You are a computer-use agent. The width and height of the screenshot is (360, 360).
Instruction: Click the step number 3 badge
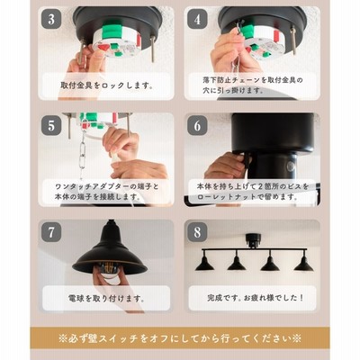pos(51,19)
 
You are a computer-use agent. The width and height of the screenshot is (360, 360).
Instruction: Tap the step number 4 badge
pos(197,19)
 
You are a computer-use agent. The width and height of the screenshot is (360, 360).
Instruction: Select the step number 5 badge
pos(51,125)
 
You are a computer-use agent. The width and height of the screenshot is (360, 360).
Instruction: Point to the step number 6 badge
pos(197,125)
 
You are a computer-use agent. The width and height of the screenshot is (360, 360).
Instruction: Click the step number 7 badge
pos(51,231)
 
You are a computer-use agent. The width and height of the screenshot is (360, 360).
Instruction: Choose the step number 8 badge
pos(197,231)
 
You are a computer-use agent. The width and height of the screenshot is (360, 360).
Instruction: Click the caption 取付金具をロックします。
pos(107,85)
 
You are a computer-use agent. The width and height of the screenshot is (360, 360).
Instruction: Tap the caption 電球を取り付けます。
pos(106,299)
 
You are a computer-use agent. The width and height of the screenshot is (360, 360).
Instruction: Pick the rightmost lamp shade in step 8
pos(303,263)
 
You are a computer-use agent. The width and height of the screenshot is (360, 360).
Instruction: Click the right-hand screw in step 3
pos(153,49)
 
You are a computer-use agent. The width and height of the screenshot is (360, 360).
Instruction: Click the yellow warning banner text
pos(180,339)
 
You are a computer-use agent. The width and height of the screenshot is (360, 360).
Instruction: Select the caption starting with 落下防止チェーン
pos(253,85)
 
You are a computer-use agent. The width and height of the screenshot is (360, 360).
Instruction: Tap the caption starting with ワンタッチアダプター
pos(107,192)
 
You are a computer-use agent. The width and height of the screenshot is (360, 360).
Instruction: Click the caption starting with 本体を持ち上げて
pos(253,192)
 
